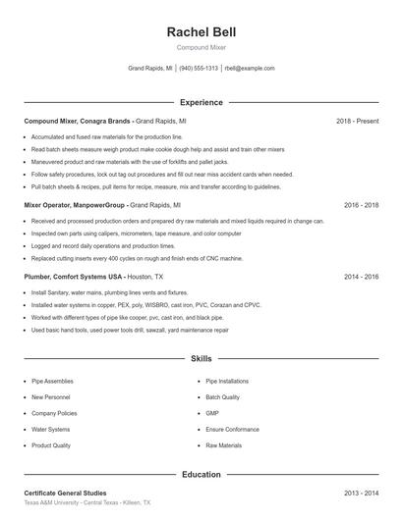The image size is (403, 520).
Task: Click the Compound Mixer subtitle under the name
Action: click(201, 47)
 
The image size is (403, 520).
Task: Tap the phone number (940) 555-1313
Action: click(200, 69)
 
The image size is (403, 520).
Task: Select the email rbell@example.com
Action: click(250, 69)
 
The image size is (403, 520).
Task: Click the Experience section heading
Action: click(201, 102)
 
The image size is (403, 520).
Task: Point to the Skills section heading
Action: click(201, 360)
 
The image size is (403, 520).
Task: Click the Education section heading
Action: click(201, 475)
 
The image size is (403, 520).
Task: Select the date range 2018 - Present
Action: click(357, 121)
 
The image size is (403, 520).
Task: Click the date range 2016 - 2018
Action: click(361, 206)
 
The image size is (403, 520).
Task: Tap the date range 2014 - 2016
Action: click(361, 277)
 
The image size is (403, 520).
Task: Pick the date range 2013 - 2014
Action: click(361, 493)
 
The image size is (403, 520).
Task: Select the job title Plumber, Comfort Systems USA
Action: click(78, 277)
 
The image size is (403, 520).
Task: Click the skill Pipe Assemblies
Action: click(52, 381)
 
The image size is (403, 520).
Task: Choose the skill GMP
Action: click(212, 413)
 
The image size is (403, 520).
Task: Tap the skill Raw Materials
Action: click(223, 445)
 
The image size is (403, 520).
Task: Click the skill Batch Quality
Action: click(222, 397)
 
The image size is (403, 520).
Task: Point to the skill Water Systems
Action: click(51, 429)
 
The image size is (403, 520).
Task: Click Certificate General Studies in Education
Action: click(65, 493)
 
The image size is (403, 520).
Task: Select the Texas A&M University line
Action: click(86, 502)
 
